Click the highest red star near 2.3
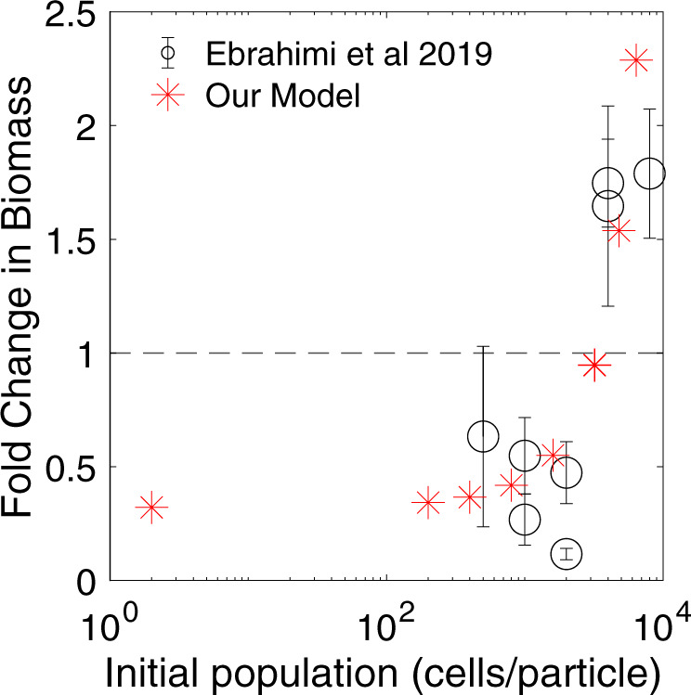tap(636, 60)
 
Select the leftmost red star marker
tap(151, 508)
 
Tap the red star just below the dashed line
tap(594, 366)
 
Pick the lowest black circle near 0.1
tap(567, 554)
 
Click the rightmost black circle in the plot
tap(649, 174)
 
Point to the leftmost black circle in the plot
tap(483, 436)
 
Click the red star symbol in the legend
tap(167, 96)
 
